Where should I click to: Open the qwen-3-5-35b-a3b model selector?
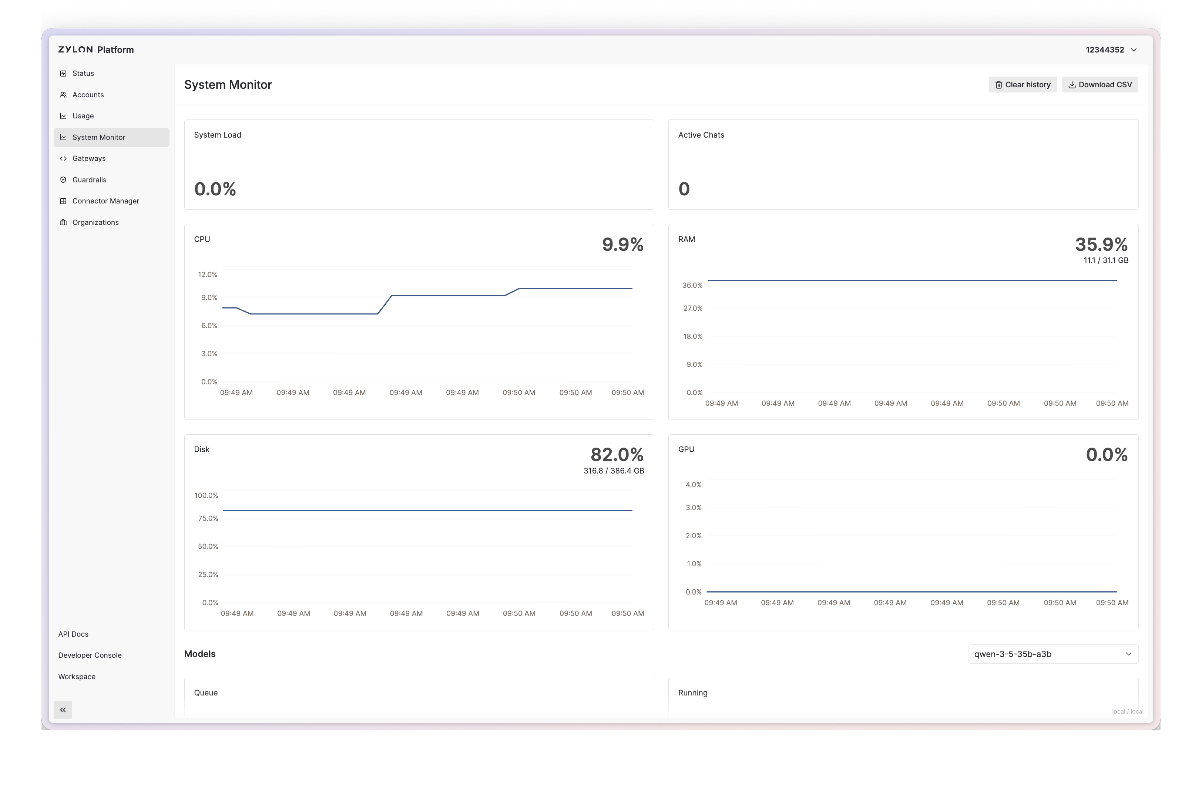point(1053,654)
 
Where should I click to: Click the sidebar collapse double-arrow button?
point(63,710)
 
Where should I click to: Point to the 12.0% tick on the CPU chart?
point(208,274)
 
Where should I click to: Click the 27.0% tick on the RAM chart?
point(693,309)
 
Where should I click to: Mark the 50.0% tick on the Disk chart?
point(208,547)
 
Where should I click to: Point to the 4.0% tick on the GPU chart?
point(694,485)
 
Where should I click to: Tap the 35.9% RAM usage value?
point(1101,245)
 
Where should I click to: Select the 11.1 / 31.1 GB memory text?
point(1105,260)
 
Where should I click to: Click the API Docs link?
point(73,634)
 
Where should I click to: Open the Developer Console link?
point(90,655)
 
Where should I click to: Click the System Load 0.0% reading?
point(215,189)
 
